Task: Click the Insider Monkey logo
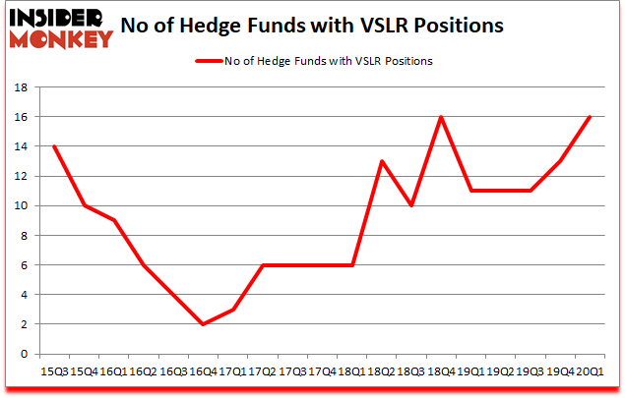(63, 26)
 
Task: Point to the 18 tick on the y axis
(20, 87)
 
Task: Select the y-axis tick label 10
(20, 206)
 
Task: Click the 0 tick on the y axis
(23, 354)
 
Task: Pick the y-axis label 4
(23, 295)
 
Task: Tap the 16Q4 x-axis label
(203, 371)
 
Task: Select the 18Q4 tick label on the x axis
(441, 371)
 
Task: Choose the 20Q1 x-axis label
(589, 371)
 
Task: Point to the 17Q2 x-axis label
(263, 371)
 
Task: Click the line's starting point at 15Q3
(55, 146)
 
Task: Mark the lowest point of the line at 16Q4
(203, 324)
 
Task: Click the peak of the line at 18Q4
(441, 117)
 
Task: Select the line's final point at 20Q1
(589, 117)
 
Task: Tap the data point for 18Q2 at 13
(382, 161)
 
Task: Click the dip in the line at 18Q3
(411, 205)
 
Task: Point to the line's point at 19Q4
(559, 161)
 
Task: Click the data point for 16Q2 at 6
(144, 265)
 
